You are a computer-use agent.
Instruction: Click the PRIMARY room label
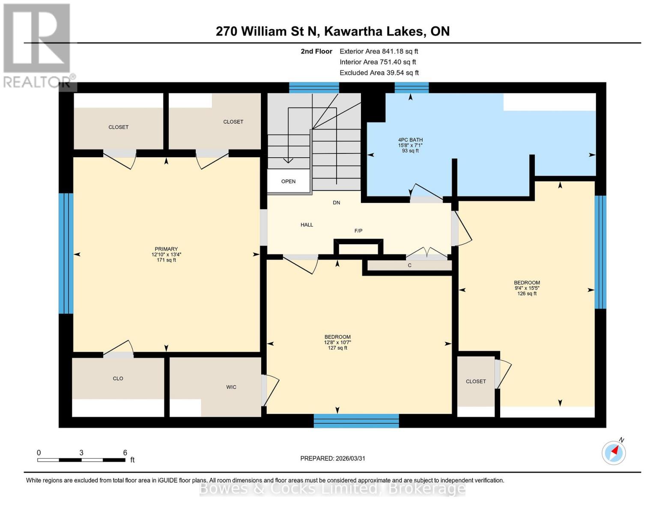coord(166,249)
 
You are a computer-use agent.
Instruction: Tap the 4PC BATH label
coord(410,140)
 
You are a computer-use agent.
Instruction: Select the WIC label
coord(231,387)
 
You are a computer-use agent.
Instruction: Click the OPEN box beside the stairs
coord(288,181)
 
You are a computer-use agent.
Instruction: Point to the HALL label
coord(307,225)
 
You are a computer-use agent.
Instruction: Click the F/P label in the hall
coord(358,231)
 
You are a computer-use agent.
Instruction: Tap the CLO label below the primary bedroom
coord(118,379)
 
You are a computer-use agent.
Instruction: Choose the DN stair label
coord(337,203)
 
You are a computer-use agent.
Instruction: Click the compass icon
coord(614,452)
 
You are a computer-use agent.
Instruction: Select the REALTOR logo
coord(38,45)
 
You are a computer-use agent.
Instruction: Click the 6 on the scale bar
coord(125,453)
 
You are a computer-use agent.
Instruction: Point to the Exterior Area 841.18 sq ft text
coord(379,51)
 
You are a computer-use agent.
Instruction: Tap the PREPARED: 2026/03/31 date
coord(333,458)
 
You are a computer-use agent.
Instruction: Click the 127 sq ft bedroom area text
coord(337,348)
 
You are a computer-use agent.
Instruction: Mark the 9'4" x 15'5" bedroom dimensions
coord(527,288)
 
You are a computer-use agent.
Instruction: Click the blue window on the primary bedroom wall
coord(66,254)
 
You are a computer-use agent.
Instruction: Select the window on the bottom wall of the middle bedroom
coord(356,421)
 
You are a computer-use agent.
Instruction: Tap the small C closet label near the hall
coord(409,266)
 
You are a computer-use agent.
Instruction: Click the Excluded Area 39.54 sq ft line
coord(379,73)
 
